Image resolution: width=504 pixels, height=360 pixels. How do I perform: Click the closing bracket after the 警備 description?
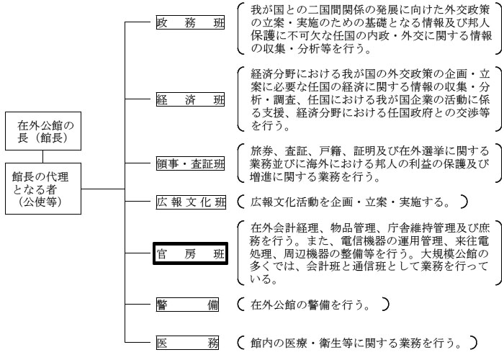click(386, 305)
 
